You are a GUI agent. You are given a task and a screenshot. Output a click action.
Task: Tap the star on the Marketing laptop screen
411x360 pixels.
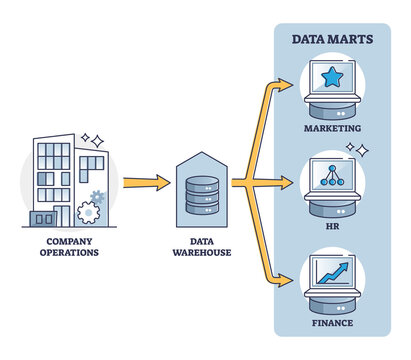(331, 77)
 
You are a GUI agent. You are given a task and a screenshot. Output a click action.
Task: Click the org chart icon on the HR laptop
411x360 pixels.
(331, 172)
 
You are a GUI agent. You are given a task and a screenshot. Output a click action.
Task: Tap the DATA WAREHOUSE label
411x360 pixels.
(204, 246)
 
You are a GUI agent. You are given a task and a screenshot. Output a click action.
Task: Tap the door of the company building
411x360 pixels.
(44, 217)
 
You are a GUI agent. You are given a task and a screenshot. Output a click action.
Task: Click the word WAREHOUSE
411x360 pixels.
(204, 252)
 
